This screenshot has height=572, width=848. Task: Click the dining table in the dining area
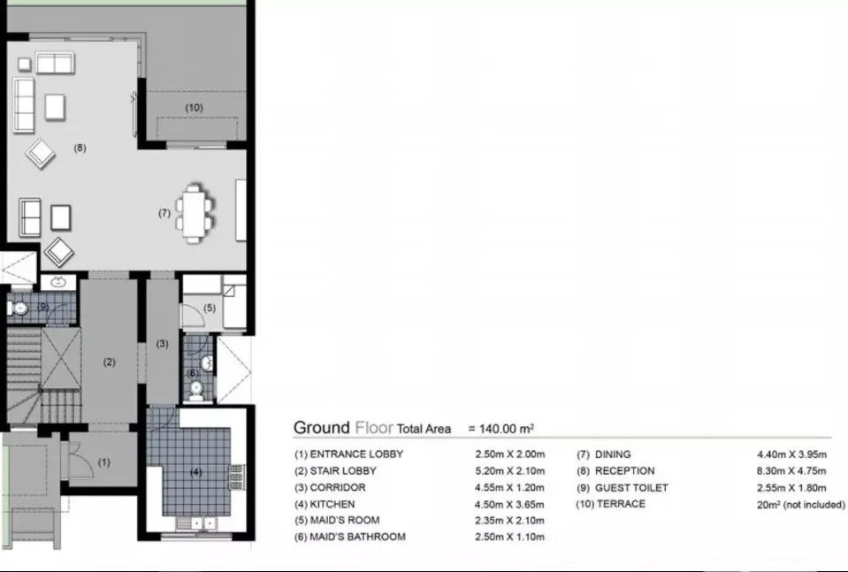194,214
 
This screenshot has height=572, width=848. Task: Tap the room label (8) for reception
80,148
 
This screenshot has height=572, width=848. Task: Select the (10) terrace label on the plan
195,108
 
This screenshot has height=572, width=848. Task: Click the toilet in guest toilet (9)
18,309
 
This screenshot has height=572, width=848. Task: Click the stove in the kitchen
237,477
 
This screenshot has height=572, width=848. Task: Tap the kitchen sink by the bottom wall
195,523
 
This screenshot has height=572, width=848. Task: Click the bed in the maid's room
234,301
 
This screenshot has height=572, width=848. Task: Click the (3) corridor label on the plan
162,343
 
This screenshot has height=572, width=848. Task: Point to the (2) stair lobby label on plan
110,362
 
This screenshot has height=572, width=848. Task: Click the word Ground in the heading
322,428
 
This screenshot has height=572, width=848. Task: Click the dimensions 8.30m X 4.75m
791,471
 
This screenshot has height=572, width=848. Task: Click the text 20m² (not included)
800,505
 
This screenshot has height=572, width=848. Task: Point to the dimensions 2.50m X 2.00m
510,454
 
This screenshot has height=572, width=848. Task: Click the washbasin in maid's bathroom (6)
208,362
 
